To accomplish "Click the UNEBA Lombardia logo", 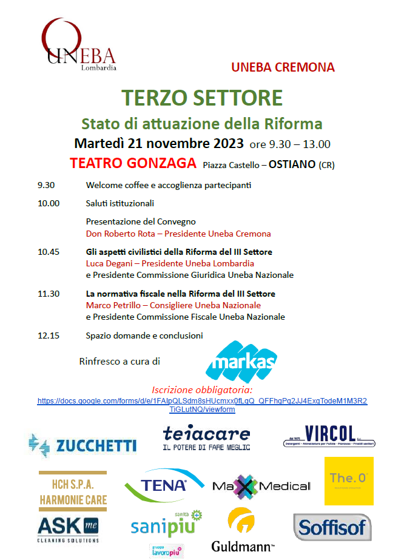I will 79,46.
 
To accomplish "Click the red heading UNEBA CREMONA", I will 283,67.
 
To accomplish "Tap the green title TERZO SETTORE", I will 202,98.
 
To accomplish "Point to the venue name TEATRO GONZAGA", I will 133,164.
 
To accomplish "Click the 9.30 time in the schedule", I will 46,185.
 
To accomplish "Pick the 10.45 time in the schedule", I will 49,252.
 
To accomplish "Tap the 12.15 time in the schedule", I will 49,336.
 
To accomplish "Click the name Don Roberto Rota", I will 120,234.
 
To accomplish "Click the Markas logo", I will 241,361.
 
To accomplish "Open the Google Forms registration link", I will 202,405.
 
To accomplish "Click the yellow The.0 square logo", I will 349,481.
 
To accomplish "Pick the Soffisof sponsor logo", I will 332,527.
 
